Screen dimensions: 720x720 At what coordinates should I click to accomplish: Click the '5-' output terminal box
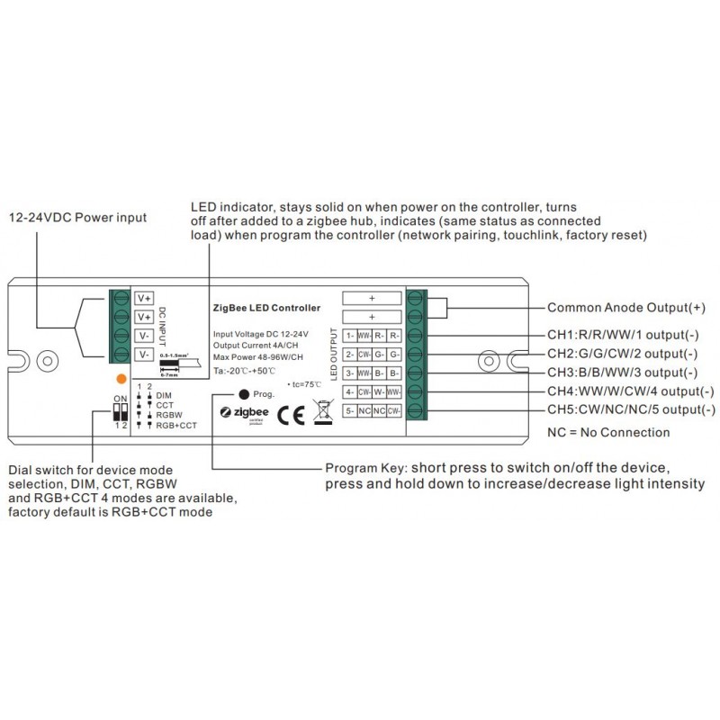(349, 411)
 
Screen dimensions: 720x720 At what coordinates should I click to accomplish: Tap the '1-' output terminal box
(349, 336)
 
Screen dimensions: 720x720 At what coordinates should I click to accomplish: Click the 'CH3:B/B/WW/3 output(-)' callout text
(622, 372)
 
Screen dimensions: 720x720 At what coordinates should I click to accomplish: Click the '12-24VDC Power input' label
(77, 218)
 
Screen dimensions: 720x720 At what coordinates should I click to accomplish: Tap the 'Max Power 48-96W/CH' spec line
(256, 357)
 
